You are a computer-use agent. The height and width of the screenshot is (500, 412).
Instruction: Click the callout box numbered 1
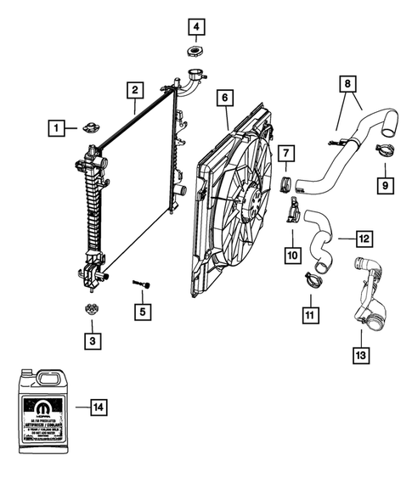[x=56, y=129]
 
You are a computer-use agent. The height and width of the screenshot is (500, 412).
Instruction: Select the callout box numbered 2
[x=134, y=89]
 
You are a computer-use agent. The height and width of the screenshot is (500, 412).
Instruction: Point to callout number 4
[x=196, y=28]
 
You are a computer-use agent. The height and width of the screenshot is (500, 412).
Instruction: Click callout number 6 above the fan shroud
[x=225, y=98]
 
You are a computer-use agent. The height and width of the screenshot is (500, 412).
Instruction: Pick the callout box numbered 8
[x=347, y=84]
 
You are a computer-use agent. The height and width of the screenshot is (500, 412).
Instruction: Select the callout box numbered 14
[x=99, y=408]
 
